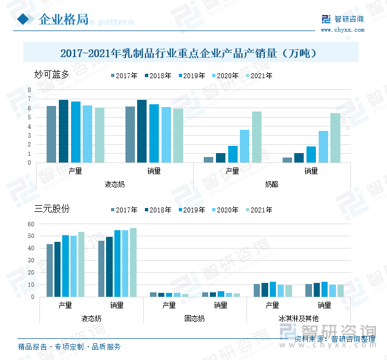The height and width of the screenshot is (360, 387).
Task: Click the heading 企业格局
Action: click(63, 20)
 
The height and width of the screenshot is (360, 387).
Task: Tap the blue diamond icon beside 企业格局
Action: click(23, 19)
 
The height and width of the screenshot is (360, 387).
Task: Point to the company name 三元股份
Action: click(52, 209)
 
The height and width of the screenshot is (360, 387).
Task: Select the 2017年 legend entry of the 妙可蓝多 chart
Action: click(124, 76)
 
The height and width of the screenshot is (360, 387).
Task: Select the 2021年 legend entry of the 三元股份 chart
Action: click(258, 210)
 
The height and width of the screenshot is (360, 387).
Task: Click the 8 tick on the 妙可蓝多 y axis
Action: click(29, 90)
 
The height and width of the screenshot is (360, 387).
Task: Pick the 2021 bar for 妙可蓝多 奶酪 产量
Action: click(257, 137)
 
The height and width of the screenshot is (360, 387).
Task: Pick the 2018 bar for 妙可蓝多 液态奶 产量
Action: click(63, 131)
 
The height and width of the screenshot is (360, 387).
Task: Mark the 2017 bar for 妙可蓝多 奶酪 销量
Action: click(287, 160)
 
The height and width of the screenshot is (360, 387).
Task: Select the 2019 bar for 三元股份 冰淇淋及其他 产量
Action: click(273, 289)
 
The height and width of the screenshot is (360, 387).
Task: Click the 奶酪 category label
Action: click(272, 184)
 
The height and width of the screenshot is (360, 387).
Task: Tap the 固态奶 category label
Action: click(195, 319)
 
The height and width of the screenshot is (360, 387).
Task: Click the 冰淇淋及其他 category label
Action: click(299, 319)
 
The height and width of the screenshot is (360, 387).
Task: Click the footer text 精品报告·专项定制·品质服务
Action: click(69, 347)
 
